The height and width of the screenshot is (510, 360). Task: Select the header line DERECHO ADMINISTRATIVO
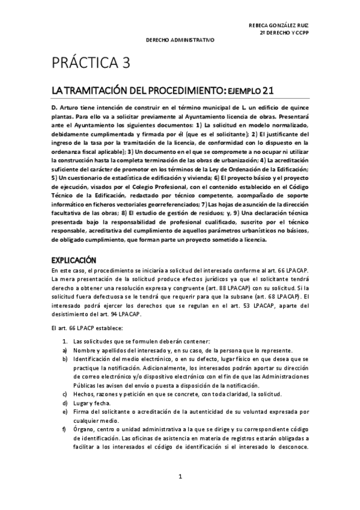pyautogui.click(x=181, y=40)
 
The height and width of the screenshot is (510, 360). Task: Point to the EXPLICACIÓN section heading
pyautogui.click(x=74, y=260)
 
